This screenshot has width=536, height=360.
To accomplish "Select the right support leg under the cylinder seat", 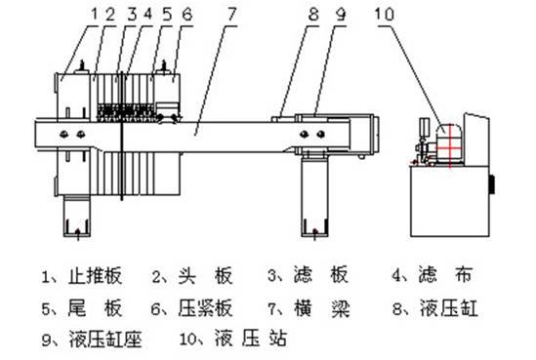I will pos(313,200).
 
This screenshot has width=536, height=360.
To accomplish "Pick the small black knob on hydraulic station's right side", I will pos(492,181).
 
